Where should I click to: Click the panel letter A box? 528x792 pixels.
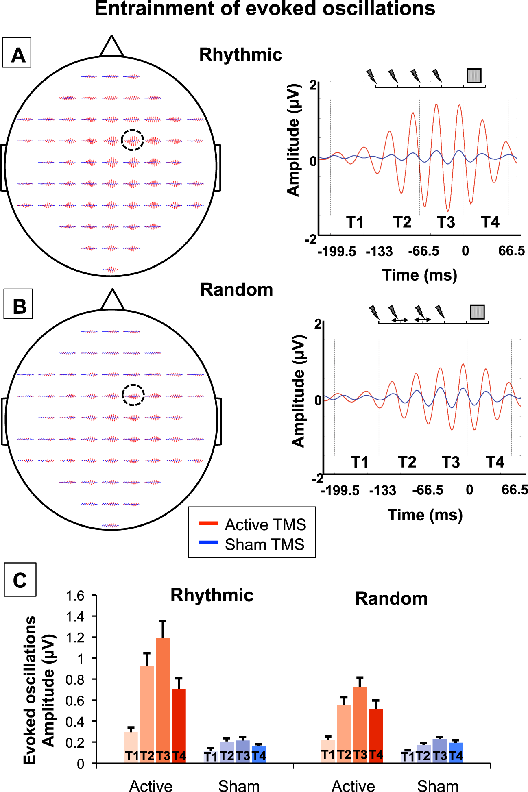point(17,52)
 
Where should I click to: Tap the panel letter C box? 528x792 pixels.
point(20,579)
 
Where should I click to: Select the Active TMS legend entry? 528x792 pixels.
point(252,524)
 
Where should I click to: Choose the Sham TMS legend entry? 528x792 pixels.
point(252,544)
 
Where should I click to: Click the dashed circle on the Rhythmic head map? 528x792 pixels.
point(132,140)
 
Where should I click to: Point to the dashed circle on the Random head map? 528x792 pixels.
point(133,395)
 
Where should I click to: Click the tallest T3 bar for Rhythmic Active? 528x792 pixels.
point(163,699)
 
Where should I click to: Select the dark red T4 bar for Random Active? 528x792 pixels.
point(376,736)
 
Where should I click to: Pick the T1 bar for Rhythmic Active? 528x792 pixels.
point(131,747)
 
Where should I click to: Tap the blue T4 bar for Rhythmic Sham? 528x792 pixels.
point(259,754)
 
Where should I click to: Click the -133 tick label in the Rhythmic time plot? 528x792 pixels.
point(379,252)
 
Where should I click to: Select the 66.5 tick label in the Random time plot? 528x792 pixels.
point(514,490)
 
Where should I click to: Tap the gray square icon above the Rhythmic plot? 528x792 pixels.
point(474,76)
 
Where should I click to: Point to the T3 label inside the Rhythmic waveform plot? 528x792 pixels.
point(446,222)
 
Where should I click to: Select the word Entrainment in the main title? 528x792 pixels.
point(154,9)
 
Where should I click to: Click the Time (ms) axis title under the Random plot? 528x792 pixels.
point(425,515)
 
